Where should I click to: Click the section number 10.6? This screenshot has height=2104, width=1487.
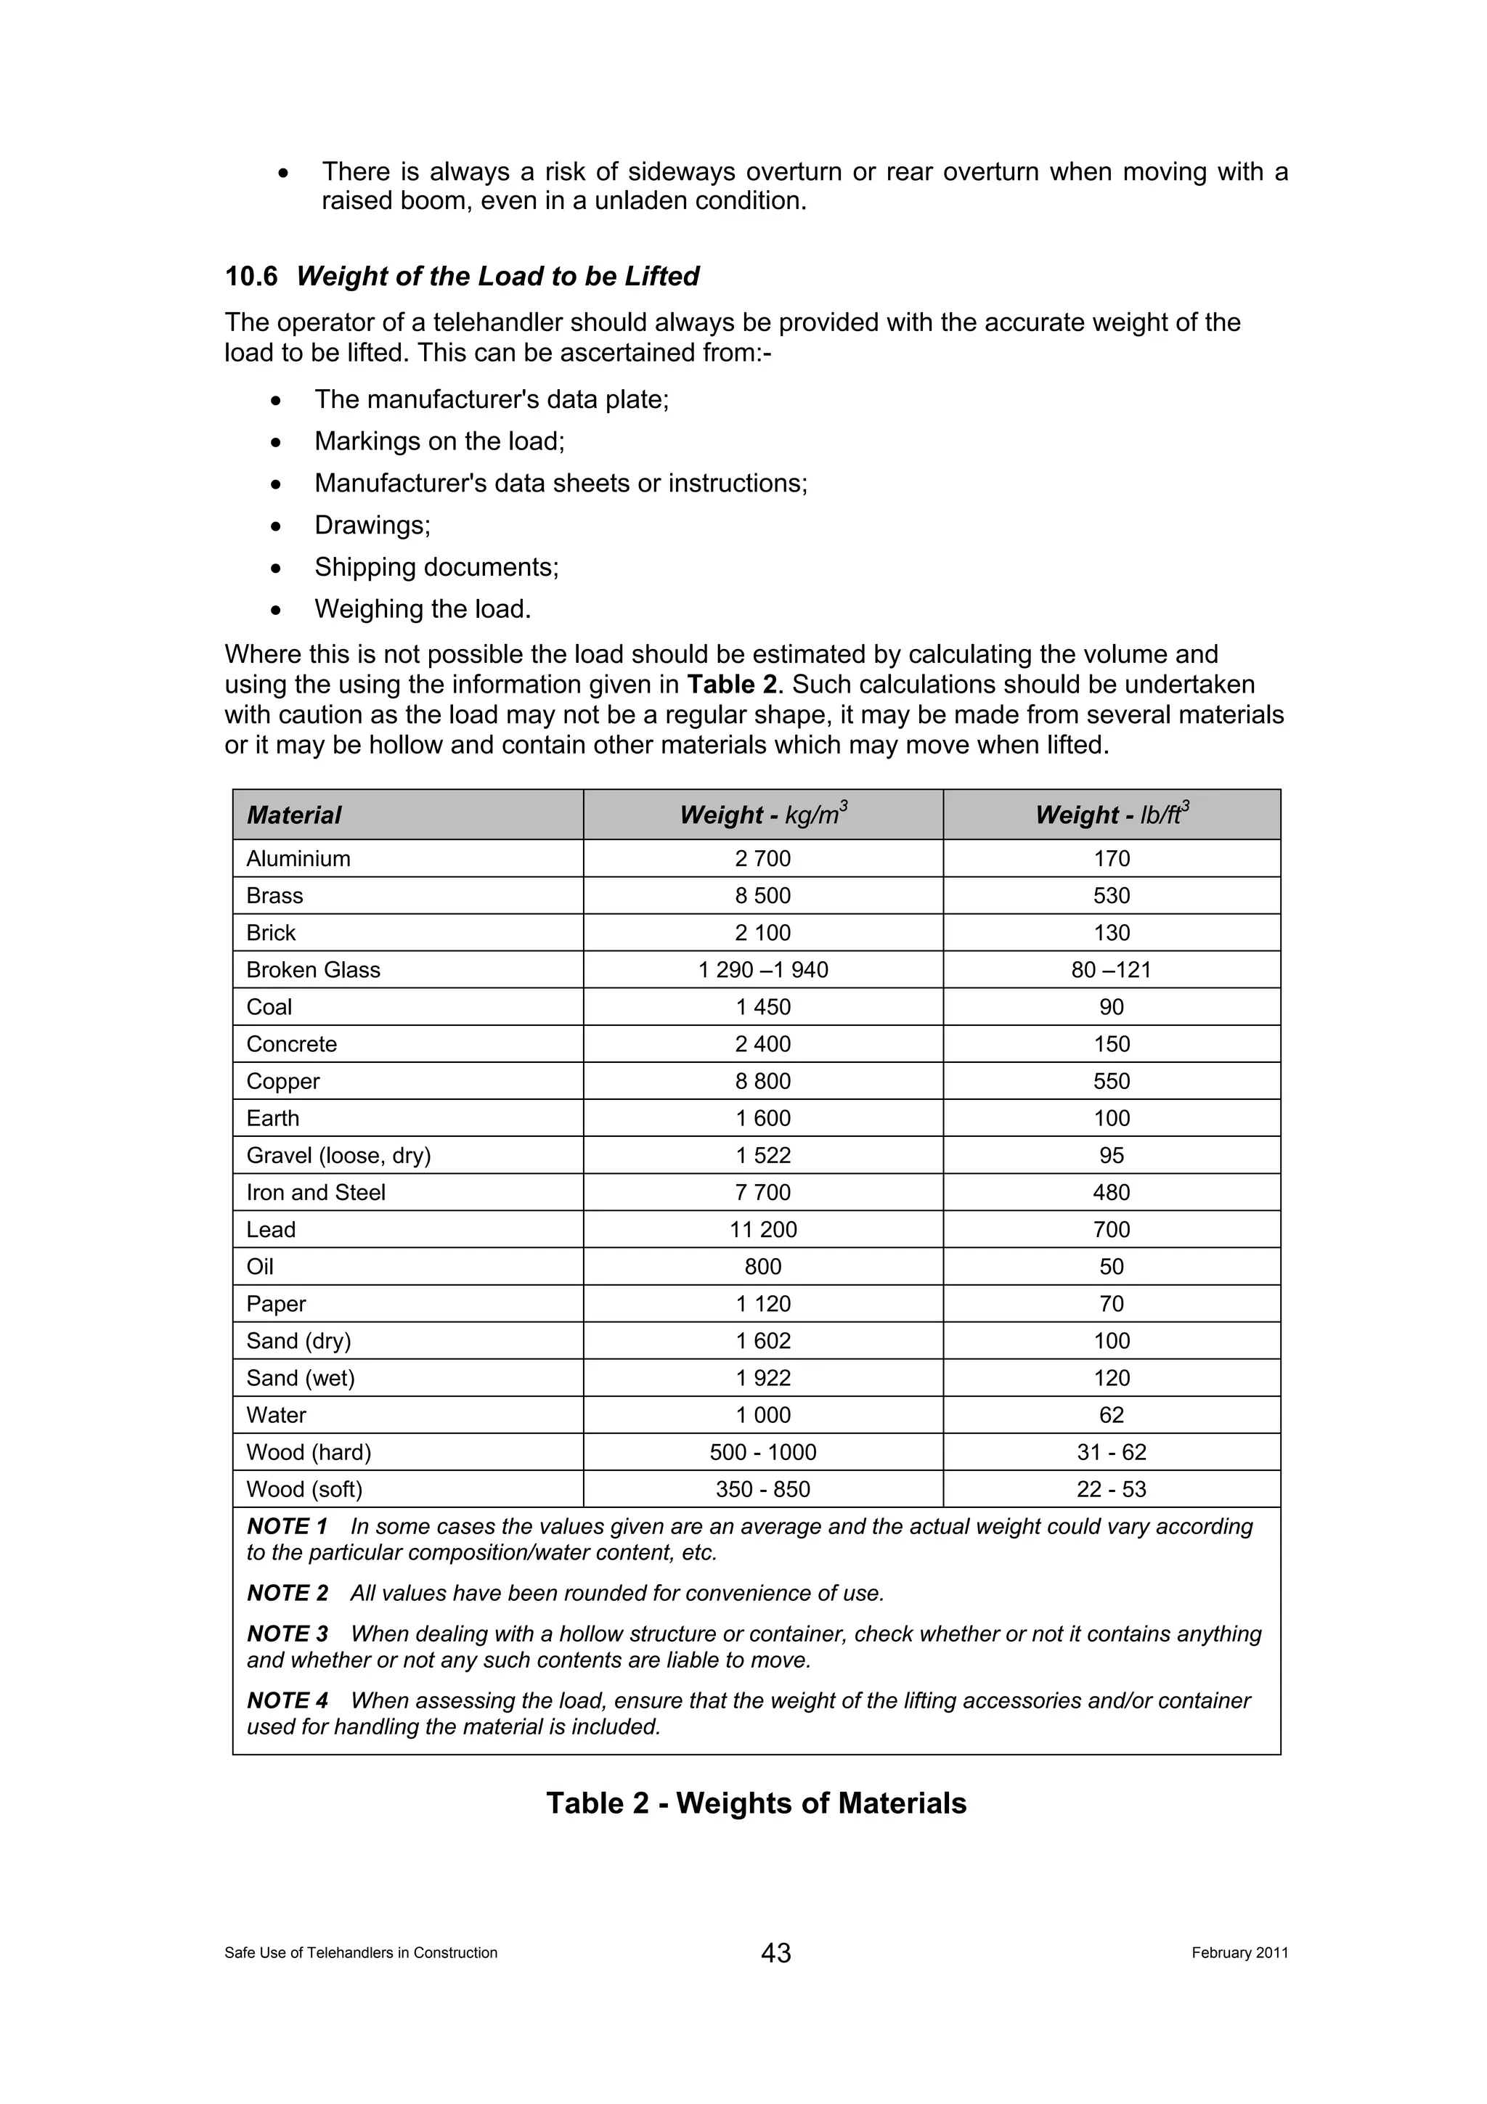point(251,276)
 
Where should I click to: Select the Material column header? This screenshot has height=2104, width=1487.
point(293,815)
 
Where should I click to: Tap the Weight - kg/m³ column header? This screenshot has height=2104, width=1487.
point(762,814)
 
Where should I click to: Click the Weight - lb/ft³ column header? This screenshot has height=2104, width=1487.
point(1112,814)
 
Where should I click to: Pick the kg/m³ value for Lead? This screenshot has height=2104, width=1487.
point(762,1229)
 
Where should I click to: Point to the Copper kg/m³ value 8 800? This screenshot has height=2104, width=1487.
point(762,1080)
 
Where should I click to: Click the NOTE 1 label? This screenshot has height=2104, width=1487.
point(287,1526)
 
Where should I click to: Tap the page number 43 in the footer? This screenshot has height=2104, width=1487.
point(775,1953)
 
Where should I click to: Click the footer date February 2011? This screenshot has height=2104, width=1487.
point(1239,1953)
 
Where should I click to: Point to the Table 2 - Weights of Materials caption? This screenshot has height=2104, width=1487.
point(756,1803)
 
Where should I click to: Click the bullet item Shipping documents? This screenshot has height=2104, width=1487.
point(436,567)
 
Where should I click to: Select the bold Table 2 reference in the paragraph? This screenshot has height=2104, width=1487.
point(731,685)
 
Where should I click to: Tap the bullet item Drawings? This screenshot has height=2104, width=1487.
point(372,525)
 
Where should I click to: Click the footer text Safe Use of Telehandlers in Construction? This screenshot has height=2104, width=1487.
point(360,1953)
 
